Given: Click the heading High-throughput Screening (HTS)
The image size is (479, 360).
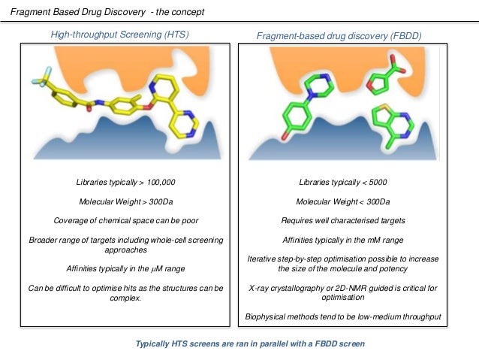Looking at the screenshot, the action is pos(119,34).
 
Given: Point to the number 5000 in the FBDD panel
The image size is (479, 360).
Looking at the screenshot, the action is pos(375,183).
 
